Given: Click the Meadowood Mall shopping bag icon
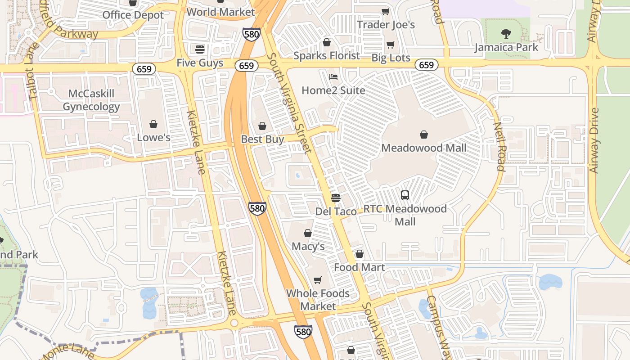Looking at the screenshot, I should coord(423,134).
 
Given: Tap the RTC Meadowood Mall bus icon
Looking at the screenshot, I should coord(405,195).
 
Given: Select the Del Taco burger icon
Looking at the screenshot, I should coord(335,198).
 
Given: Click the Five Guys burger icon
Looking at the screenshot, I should coord(200,49).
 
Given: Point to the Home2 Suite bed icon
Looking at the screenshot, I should coord(333,76).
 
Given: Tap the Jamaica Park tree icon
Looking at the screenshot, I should coord(506,33).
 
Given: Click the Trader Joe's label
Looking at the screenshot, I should coord(386,25).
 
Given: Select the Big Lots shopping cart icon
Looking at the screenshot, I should coord(391,45).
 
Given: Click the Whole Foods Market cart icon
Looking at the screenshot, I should coord(318,280).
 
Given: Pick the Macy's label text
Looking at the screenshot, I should coord(308,247).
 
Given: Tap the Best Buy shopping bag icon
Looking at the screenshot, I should coord(262,126).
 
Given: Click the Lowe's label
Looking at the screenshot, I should coord(153,138).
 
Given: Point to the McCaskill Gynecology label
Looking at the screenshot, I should coord(91,100).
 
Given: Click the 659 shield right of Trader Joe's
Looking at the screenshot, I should coord(426,65).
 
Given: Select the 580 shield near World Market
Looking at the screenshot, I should coord(251,34).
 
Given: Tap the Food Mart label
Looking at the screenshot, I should coord(359,267).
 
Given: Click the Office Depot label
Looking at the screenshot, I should coord(133,15).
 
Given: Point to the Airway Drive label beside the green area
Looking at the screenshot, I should coord(594,140).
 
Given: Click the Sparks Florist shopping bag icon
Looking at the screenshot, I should coord(327,42).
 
